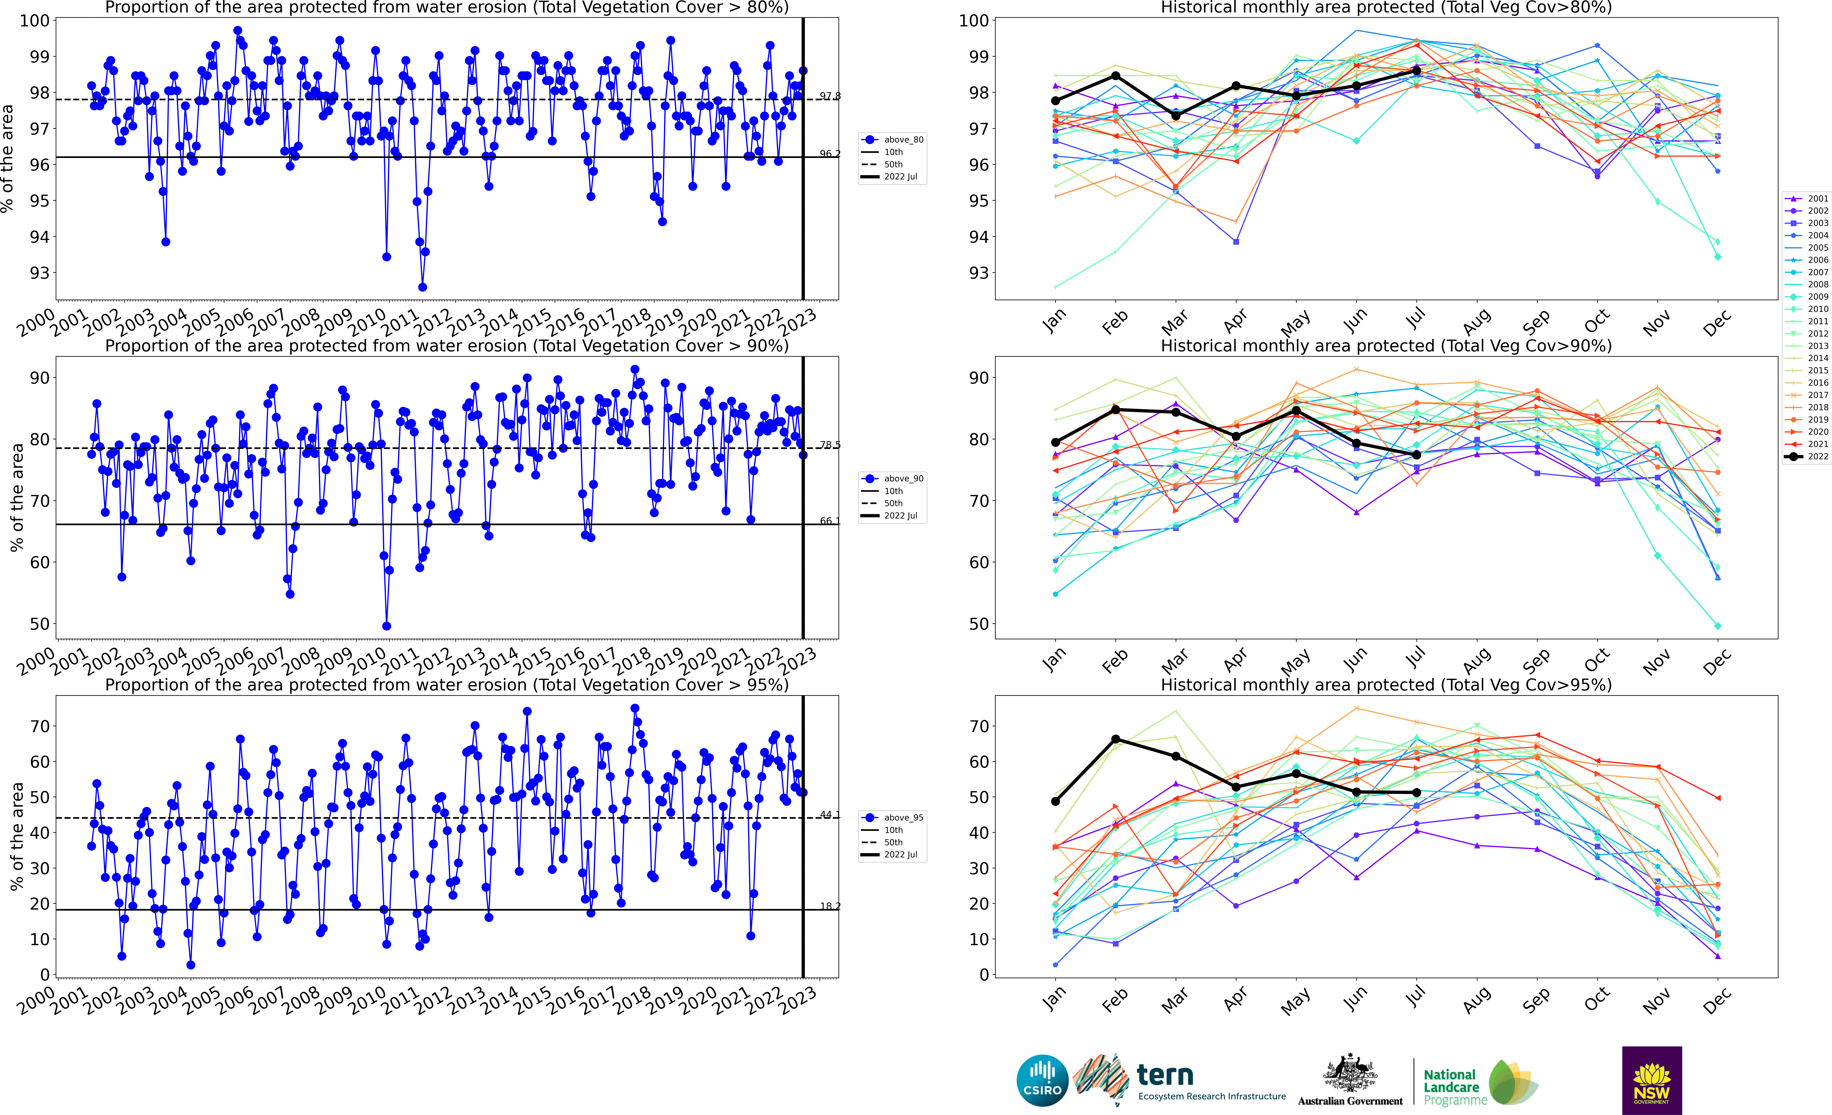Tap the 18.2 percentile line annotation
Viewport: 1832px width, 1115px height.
(x=830, y=906)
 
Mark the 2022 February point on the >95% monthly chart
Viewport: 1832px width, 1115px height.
(x=1115, y=739)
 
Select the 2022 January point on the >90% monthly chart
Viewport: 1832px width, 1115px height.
(x=1055, y=442)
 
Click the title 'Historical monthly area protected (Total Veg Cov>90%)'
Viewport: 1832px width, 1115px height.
(x=1386, y=346)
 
